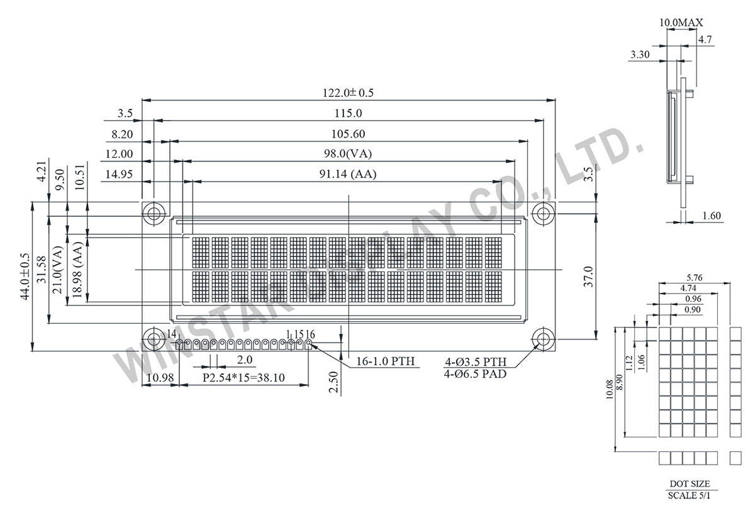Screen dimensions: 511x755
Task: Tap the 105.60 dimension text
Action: tap(348, 134)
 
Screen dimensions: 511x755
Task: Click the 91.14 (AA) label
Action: tap(348, 175)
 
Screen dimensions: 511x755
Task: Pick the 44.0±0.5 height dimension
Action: tap(25, 276)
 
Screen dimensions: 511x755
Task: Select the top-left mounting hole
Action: tap(153, 213)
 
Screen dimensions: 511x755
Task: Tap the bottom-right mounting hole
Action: tap(543, 339)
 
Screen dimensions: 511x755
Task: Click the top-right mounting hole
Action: tap(543, 213)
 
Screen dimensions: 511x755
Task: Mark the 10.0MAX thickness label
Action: tap(681, 23)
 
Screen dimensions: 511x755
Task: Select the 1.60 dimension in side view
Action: tap(710, 216)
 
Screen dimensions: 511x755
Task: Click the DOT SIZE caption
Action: tap(690, 483)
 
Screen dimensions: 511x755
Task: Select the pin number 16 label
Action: tap(310, 334)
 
